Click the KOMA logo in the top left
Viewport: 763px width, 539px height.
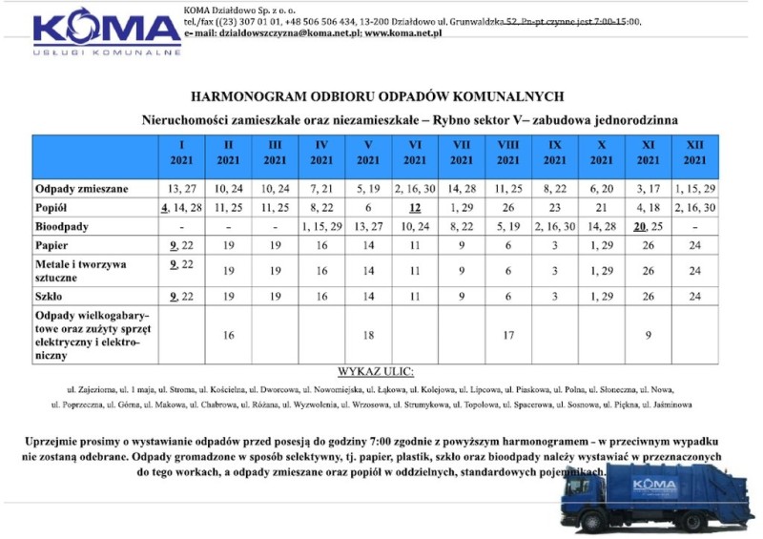[107, 31]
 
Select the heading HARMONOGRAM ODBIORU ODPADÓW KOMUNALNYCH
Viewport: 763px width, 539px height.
[378, 96]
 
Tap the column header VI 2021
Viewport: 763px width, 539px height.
[415, 153]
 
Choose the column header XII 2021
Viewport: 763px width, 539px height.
[695, 153]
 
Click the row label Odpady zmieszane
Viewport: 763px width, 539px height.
[82, 189]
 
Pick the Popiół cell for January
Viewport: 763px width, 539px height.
[181, 208]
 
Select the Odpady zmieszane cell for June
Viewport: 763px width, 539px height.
[415, 189]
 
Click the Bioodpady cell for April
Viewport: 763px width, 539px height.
[321, 228]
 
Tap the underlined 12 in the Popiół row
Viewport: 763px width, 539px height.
[415, 208]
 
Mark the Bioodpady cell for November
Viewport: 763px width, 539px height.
[649, 228]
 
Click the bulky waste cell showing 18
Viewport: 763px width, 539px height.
[368, 335]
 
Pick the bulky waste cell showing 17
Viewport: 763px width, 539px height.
[508, 335]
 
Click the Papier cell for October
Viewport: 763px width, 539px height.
[602, 247]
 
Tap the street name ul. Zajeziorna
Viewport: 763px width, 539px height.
[92, 390]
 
